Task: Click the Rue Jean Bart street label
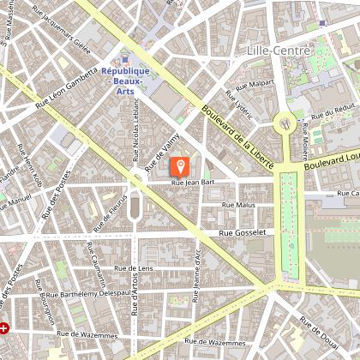[x=192, y=183]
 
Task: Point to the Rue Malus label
[x=238, y=206]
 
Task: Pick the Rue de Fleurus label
[x=108, y=210]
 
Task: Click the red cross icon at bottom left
[x=6, y=327]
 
